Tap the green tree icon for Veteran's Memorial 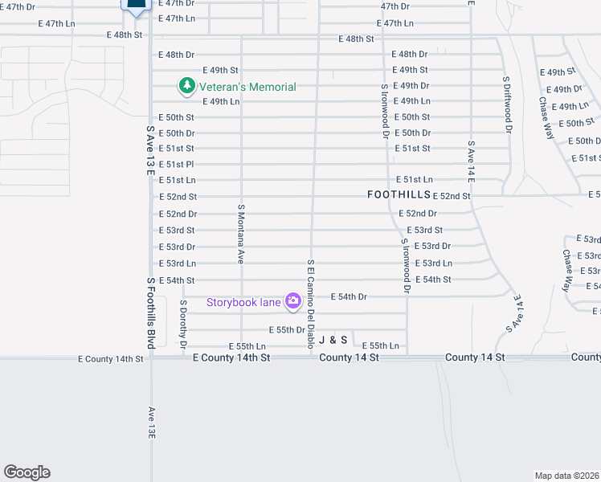186,85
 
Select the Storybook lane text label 243,302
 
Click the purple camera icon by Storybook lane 293,301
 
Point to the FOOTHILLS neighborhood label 399,195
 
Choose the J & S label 333,341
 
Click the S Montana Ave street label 240,234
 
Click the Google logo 27,472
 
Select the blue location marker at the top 136,6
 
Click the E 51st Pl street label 176,165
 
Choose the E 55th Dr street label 286,330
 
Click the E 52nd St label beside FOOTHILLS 452,196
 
